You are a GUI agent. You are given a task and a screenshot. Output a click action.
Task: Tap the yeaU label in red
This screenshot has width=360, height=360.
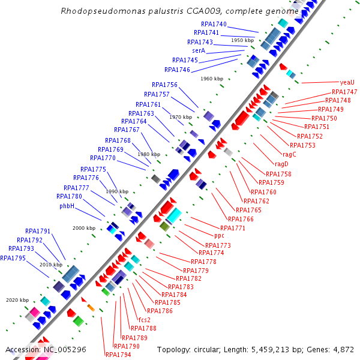coord(347,83)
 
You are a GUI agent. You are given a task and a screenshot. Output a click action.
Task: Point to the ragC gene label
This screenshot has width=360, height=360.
coord(289,154)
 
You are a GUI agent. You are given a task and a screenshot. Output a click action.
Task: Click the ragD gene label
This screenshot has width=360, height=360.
coord(281,164)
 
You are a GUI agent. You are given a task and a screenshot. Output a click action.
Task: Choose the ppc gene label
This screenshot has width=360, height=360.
coord(219,235)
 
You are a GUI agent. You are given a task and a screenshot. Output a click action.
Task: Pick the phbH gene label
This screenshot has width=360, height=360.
coord(67,206)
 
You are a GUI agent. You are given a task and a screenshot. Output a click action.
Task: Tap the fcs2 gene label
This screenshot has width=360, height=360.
coord(144,319)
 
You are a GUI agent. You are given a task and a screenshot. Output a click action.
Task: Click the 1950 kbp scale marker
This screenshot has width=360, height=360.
coord(242,40)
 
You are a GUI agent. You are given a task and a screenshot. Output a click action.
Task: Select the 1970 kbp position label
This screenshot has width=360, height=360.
coord(181,117)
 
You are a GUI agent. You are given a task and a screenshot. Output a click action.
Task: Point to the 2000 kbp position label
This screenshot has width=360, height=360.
coord(84,228)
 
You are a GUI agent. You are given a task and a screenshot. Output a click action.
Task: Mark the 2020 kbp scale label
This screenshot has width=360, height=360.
coord(17,300)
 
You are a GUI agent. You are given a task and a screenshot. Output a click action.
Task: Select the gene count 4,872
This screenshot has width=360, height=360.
coord(342,349)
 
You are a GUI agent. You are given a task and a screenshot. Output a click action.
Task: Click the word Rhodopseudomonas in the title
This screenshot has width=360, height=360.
coord(96,11)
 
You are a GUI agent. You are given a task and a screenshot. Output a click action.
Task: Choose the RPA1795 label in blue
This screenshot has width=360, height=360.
coord(13,258)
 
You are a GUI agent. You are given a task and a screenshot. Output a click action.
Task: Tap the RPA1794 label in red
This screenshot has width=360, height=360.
coord(118,355)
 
